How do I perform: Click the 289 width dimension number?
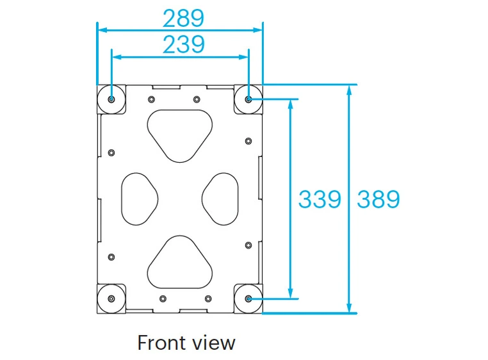[x=183, y=18]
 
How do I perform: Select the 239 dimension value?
[x=183, y=44]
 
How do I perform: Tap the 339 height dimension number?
[x=320, y=199]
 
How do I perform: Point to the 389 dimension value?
[x=378, y=199]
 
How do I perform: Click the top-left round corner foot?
[x=112, y=99]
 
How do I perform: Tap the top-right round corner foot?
[x=248, y=99]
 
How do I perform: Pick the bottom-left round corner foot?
[x=112, y=299]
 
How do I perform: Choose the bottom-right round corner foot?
[x=248, y=299]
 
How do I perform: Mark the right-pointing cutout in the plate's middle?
[x=220, y=198]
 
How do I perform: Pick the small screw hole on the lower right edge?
[x=248, y=245]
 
